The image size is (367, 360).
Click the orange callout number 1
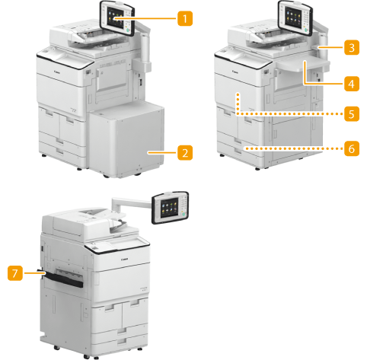[185, 18]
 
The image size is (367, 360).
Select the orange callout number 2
[185, 152]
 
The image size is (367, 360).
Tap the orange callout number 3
[352, 47]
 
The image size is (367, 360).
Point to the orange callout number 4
[352, 84]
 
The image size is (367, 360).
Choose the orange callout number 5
[352, 113]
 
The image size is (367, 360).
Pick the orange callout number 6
[352, 148]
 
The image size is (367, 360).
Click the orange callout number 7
[15, 273]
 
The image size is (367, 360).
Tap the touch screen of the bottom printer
[169, 207]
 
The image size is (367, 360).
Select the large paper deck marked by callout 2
[127, 139]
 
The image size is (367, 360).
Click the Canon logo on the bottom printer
[125, 260]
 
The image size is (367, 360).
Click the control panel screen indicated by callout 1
[116, 17]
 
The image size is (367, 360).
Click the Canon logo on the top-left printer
[57, 72]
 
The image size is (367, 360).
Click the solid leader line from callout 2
[162, 152]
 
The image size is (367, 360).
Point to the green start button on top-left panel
[128, 30]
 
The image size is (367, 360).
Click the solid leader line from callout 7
[34, 273]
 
